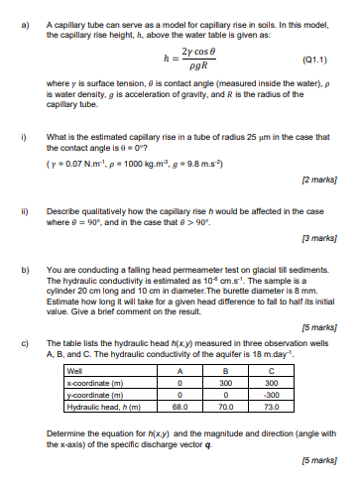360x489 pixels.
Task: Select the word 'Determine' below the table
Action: pyautogui.click(x=66, y=433)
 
